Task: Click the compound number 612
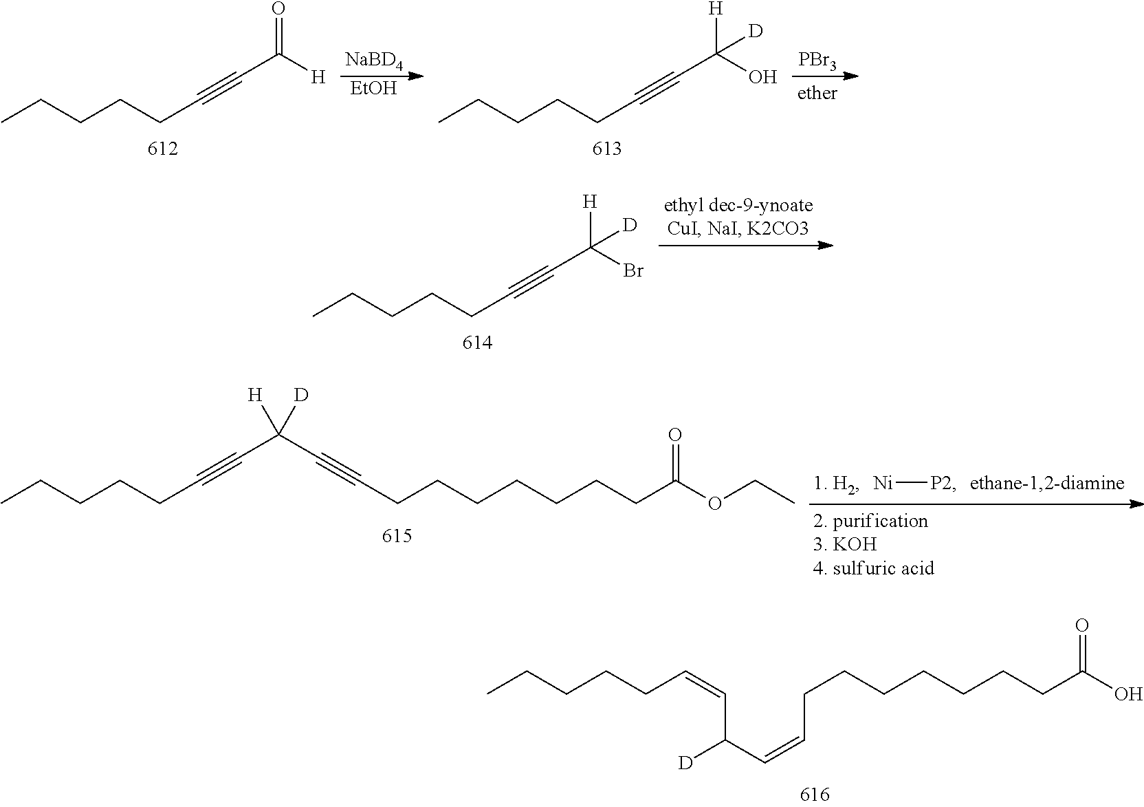162,149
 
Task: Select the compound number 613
607,149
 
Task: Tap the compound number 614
477,343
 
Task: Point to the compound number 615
397,536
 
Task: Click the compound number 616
815,794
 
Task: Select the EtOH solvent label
373,89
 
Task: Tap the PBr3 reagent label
817,61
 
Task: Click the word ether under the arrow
817,93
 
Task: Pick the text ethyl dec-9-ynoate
738,206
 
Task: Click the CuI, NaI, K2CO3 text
738,228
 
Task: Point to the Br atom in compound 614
632,270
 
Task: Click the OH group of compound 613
762,77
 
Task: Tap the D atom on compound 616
685,763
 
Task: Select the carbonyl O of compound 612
278,8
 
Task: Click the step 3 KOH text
845,544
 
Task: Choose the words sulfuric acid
883,568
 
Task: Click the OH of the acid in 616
1128,694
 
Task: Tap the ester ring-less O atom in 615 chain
714,504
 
